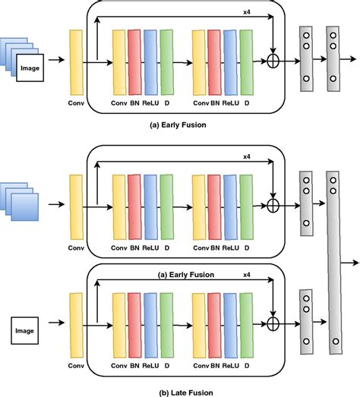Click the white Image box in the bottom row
pyautogui.click(x=27, y=330)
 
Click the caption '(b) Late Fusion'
pyautogui.click(x=179, y=391)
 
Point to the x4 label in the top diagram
pyautogui.click(x=247, y=11)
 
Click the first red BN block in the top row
pyautogui.click(x=134, y=58)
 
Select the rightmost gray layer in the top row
pyautogui.click(x=332, y=58)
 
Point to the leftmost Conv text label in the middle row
pyautogui.click(x=74, y=247)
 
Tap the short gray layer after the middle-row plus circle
pyautogui.click(x=306, y=204)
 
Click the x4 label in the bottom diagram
pyautogui.click(x=247, y=278)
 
